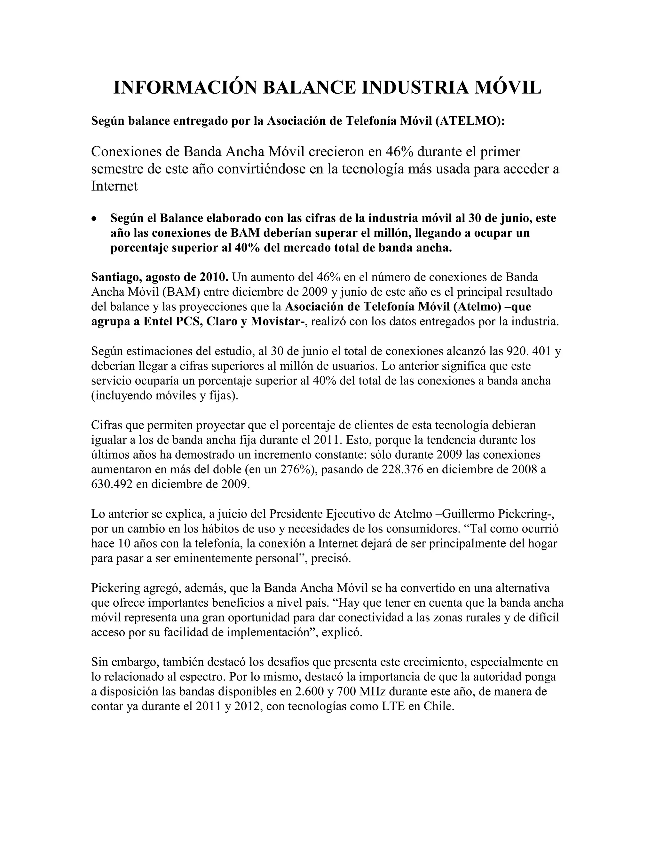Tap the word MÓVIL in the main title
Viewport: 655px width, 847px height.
click(508, 88)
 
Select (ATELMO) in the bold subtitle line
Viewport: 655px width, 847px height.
click(470, 121)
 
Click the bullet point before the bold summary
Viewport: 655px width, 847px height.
click(94, 220)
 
